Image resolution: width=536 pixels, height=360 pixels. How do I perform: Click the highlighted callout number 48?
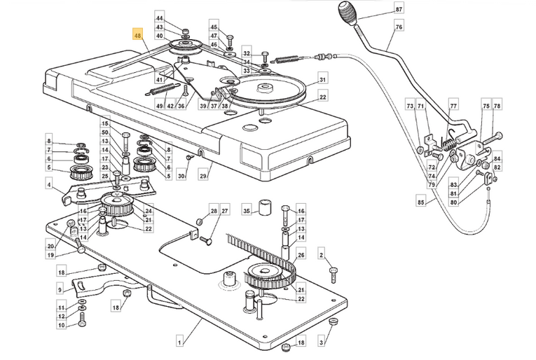point(137,35)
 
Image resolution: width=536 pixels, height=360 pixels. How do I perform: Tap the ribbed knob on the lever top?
point(348,13)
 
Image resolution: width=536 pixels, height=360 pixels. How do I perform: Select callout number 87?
point(399,9)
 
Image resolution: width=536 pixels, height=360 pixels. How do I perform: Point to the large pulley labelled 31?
point(268,90)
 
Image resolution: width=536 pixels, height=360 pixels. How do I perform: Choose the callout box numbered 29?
point(203,176)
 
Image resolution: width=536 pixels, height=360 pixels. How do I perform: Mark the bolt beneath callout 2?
point(334,275)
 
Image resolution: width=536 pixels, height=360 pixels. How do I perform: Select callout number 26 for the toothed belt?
point(301,255)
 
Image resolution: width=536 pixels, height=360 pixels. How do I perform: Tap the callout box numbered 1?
point(181,340)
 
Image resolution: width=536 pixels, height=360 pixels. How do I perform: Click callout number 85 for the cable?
point(421,202)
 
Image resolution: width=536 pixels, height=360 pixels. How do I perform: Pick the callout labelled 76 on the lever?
point(399,27)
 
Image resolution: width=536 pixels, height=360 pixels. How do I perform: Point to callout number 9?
point(60,290)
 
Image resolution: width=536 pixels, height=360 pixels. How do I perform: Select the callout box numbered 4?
point(50,185)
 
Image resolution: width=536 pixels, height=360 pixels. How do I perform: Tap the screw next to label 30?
point(189,157)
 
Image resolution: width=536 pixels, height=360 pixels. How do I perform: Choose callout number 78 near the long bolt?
point(497,106)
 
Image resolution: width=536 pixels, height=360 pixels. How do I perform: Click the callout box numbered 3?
point(321,342)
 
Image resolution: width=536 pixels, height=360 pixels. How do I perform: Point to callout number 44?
point(159,18)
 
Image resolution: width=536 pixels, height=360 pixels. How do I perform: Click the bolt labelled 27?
point(207,242)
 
